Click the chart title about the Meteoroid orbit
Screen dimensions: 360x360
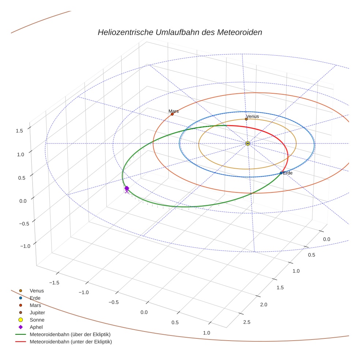point(180,32)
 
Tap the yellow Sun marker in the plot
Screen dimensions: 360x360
point(248,143)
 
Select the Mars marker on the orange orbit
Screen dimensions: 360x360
point(172,114)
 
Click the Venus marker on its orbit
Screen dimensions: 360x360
point(246,119)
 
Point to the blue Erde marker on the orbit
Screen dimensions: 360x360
point(281,173)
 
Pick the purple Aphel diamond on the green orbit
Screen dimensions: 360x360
point(127,188)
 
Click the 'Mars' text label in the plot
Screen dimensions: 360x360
point(173,111)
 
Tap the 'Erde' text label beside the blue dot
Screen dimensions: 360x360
point(288,173)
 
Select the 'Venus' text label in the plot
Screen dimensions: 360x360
point(252,116)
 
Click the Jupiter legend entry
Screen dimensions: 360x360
point(37,312)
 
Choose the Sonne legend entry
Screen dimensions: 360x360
point(37,320)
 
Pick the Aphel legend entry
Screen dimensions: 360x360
point(36,327)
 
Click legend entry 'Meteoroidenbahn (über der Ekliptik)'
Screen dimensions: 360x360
point(70,334)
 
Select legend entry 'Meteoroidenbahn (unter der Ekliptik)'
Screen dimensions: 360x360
point(71,342)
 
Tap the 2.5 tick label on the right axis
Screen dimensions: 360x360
point(247,322)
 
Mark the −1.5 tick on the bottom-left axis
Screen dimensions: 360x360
point(54,282)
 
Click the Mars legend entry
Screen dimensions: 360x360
point(35,305)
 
